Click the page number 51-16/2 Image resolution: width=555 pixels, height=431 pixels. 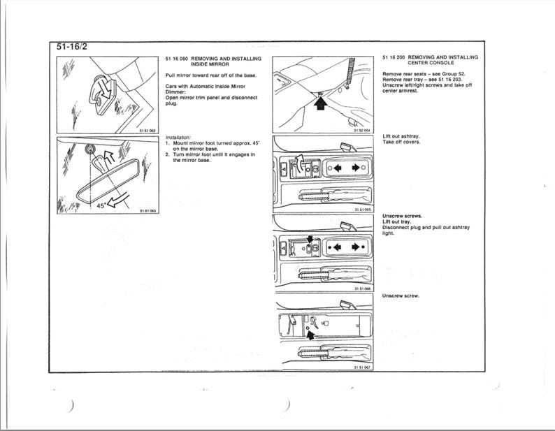pos(73,47)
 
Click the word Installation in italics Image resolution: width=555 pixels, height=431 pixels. pos(179,138)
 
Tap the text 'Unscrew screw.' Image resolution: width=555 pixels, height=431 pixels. pos(401,295)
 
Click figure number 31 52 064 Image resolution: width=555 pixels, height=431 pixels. pos(361,131)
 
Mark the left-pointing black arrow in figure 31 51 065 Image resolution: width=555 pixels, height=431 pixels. pos(340,168)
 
